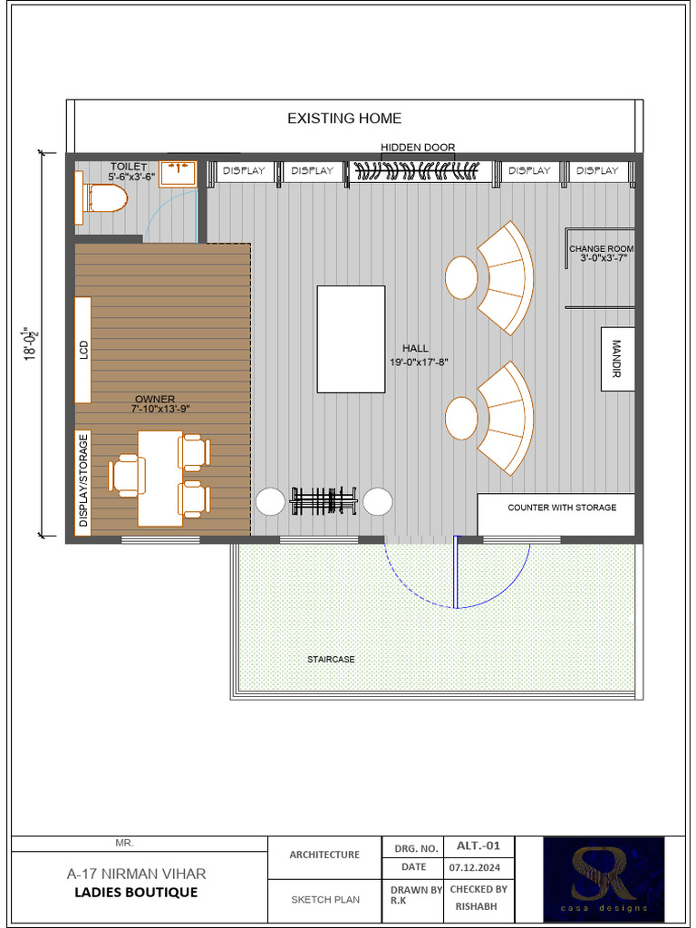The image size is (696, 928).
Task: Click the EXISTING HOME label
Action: [x=344, y=119]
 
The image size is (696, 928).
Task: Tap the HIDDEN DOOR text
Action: [x=418, y=148]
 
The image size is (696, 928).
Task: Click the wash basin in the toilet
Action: [x=178, y=173]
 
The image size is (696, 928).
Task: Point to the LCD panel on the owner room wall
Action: [x=82, y=349]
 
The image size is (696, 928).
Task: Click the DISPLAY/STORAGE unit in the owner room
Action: [x=83, y=480]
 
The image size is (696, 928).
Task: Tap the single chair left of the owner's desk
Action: [x=127, y=476]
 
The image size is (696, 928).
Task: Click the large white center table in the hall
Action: [x=351, y=339]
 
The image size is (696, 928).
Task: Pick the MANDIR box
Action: [x=617, y=359]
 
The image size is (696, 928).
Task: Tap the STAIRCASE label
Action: [x=331, y=659]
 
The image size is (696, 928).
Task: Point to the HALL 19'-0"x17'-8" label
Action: [x=419, y=354]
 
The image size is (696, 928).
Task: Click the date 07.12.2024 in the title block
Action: [x=475, y=867]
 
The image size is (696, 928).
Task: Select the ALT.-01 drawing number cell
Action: [x=478, y=846]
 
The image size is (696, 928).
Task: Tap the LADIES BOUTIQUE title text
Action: [x=136, y=893]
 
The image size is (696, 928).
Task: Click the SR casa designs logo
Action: [x=603, y=878]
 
